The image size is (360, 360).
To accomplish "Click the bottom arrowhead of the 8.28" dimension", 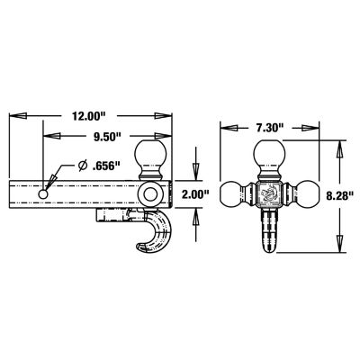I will [x=339, y=251].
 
